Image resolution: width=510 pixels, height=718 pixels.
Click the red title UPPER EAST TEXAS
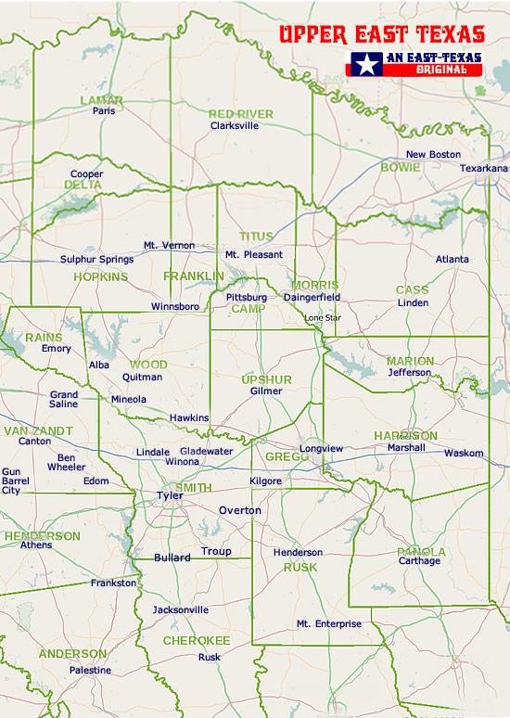(381, 35)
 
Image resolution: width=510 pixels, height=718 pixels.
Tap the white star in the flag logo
(364, 64)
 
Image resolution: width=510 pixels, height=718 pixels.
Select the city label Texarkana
(484, 168)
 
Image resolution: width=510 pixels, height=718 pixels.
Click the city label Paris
(103, 110)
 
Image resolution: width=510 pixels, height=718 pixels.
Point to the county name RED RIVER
(240, 114)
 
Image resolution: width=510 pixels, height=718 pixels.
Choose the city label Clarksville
(235, 125)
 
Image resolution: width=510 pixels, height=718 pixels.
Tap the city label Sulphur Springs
(96, 260)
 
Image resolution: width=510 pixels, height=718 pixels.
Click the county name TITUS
(257, 237)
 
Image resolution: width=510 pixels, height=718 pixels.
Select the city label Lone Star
(323, 318)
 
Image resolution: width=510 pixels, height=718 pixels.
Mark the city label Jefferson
(409, 372)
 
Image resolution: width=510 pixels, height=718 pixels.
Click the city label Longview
(322, 449)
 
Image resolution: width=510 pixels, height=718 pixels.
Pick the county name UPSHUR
(266, 380)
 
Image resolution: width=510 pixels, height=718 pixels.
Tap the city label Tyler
(170, 495)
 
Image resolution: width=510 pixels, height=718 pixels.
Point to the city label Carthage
(419, 561)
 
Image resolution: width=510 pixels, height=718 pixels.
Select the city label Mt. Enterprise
(328, 624)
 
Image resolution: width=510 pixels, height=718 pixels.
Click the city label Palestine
(90, 670)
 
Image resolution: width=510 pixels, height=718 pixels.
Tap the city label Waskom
(464, 453)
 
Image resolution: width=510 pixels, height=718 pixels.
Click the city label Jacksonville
(181, 610)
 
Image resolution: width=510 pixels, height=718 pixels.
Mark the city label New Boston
(433, 154)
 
